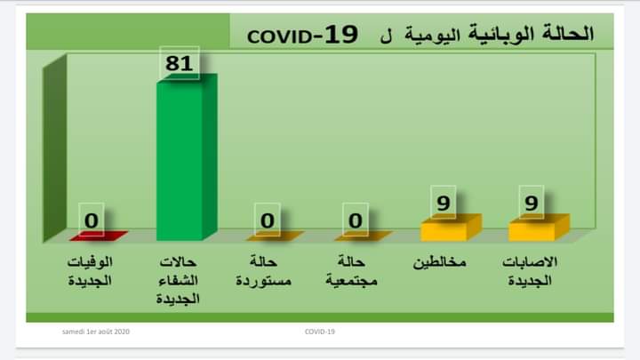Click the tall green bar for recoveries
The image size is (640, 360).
coord(187,157)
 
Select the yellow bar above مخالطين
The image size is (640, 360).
coord(451,228)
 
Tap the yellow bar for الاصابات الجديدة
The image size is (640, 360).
coord(539,228)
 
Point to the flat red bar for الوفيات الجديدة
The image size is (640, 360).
coord(99,236)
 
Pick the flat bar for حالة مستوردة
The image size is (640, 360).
coord(275,236)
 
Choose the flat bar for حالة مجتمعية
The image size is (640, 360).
coord(364,236)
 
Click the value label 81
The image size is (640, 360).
coord(180,63)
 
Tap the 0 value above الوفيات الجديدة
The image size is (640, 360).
coord(92,220)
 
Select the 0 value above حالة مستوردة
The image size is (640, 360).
coord(268,220)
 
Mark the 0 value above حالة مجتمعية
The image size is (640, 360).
coord(356,220)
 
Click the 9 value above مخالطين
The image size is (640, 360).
coord(444,203)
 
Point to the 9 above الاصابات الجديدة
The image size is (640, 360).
coord(531,203)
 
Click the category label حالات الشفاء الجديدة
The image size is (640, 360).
coord(178,280)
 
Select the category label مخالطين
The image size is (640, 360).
coord(440,262)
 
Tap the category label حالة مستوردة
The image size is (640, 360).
coord(264,271)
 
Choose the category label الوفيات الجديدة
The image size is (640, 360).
coord(90,271)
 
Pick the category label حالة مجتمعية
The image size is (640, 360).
coord(351,271)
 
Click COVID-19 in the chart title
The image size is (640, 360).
coord(303,35)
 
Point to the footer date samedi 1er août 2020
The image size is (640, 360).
coord(96,332)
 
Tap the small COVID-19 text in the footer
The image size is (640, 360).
coord(320,332)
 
